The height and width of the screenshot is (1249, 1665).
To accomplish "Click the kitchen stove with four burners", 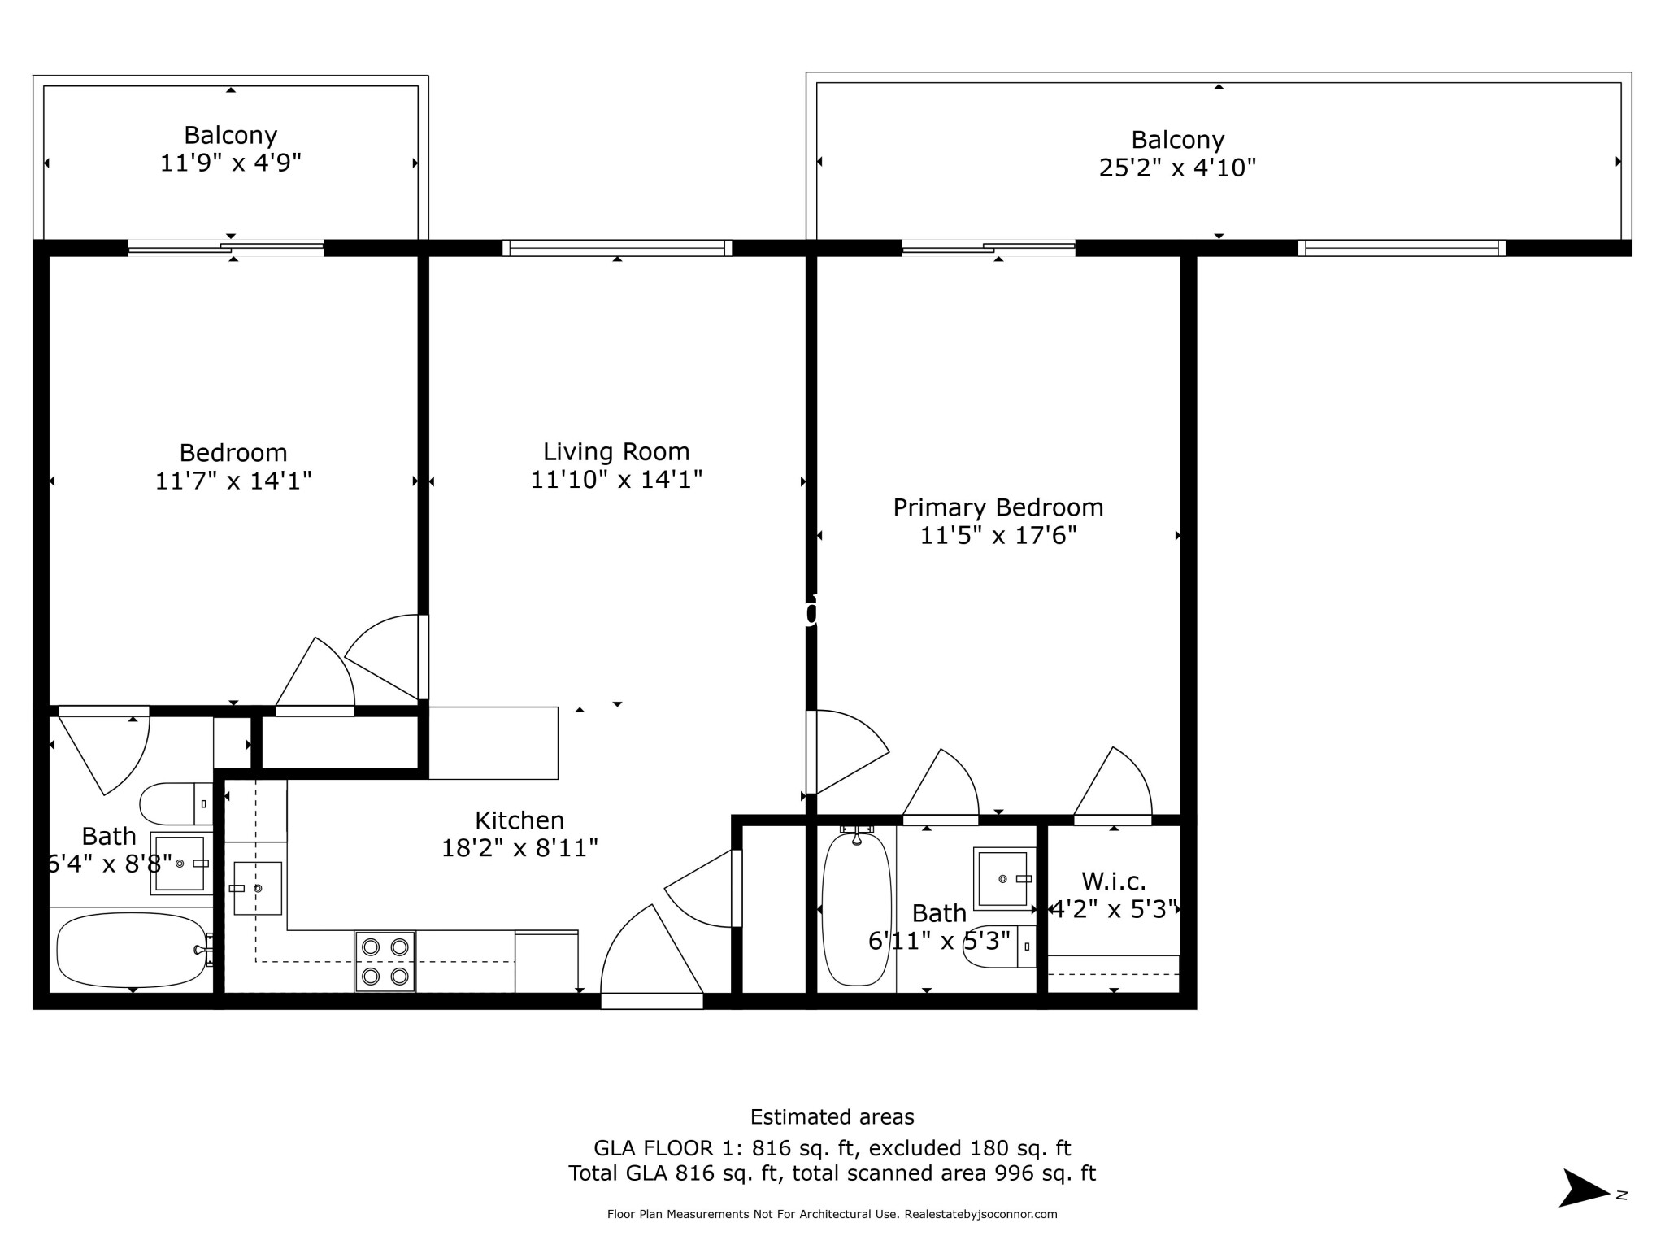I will (385, 961).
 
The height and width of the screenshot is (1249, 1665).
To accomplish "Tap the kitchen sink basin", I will (258, 888).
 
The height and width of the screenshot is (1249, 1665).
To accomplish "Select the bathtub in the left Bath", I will (132, 949).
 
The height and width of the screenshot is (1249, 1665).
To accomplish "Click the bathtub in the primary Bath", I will (856, 908).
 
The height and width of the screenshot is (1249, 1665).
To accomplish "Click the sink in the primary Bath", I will (1003, 878).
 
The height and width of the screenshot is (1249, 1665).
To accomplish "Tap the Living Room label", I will (616, 451).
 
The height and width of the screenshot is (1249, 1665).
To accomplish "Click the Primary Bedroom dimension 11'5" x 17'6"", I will (998, 535).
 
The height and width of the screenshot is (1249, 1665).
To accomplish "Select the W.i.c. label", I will (1113, 881).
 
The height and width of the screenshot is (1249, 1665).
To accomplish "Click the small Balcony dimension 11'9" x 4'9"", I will (230, 163).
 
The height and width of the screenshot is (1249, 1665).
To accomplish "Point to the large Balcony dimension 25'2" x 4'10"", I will (1177, 168).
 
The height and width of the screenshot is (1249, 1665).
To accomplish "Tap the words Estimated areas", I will (832, 1116).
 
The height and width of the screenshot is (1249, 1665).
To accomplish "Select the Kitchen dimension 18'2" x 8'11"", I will (519, 848).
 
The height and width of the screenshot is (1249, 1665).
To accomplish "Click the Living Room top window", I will (617, 248).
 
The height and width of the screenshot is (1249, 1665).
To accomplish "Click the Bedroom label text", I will (233, 452).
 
